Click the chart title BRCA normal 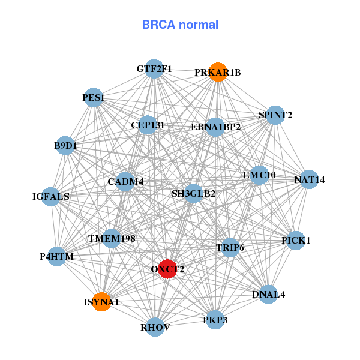pos(180,25)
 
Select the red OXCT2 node pos(167,269)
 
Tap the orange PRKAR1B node pos(218,72)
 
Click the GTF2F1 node pos(154,69)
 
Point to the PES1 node pos(94,97)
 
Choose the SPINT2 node pos(275,115)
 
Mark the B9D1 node pos(65,145)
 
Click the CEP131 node pos(148,125)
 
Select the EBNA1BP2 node pos(215,127)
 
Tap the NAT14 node pos(309,179)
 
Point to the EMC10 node pos(259,175)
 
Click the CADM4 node pos(125,181)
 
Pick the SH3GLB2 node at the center pos(193,194)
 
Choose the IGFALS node pos(51,196)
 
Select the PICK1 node pos(296,241)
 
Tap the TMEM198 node pos(112,239)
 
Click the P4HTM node pos(56,257)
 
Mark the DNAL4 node pos(268,295)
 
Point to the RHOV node pos(155,327)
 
